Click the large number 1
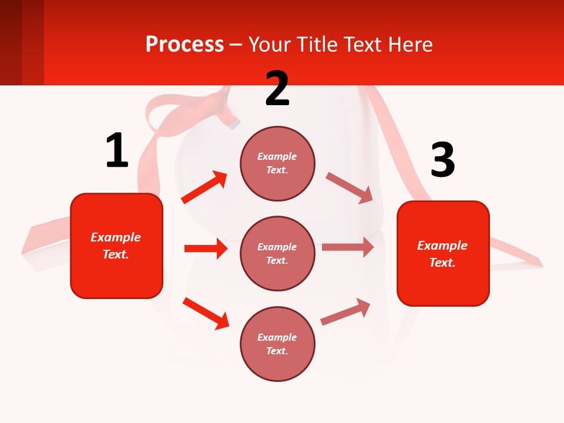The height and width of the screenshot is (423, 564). click(x=117, y=150)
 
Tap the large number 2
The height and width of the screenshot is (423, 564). click(x=277, y=89)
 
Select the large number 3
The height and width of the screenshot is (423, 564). click(x=442, y=160)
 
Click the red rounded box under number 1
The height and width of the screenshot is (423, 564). click(x=116, y=246)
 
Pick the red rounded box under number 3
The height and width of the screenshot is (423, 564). click(x=443, y=253)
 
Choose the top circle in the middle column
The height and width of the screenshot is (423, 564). click(x=277, y=163)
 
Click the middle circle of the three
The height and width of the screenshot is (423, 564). click(x=277, y=253)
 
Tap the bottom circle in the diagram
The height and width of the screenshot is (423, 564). click(x=277, y=344)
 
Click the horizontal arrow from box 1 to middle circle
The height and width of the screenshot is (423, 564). click(x=206, y=249)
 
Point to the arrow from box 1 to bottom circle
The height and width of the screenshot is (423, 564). click(x=206, y=313)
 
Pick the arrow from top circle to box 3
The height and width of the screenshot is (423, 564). click(x=350, y=187)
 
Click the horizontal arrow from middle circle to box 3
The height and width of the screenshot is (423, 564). click(x=348, y=247)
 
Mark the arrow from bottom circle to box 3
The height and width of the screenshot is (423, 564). click(x=345, y=311)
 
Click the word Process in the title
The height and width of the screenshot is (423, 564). click(x=184, y=44)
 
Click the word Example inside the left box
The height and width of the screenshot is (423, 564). click(x=116, y=237)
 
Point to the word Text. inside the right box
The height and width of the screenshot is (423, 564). click(x=442, y=263)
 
